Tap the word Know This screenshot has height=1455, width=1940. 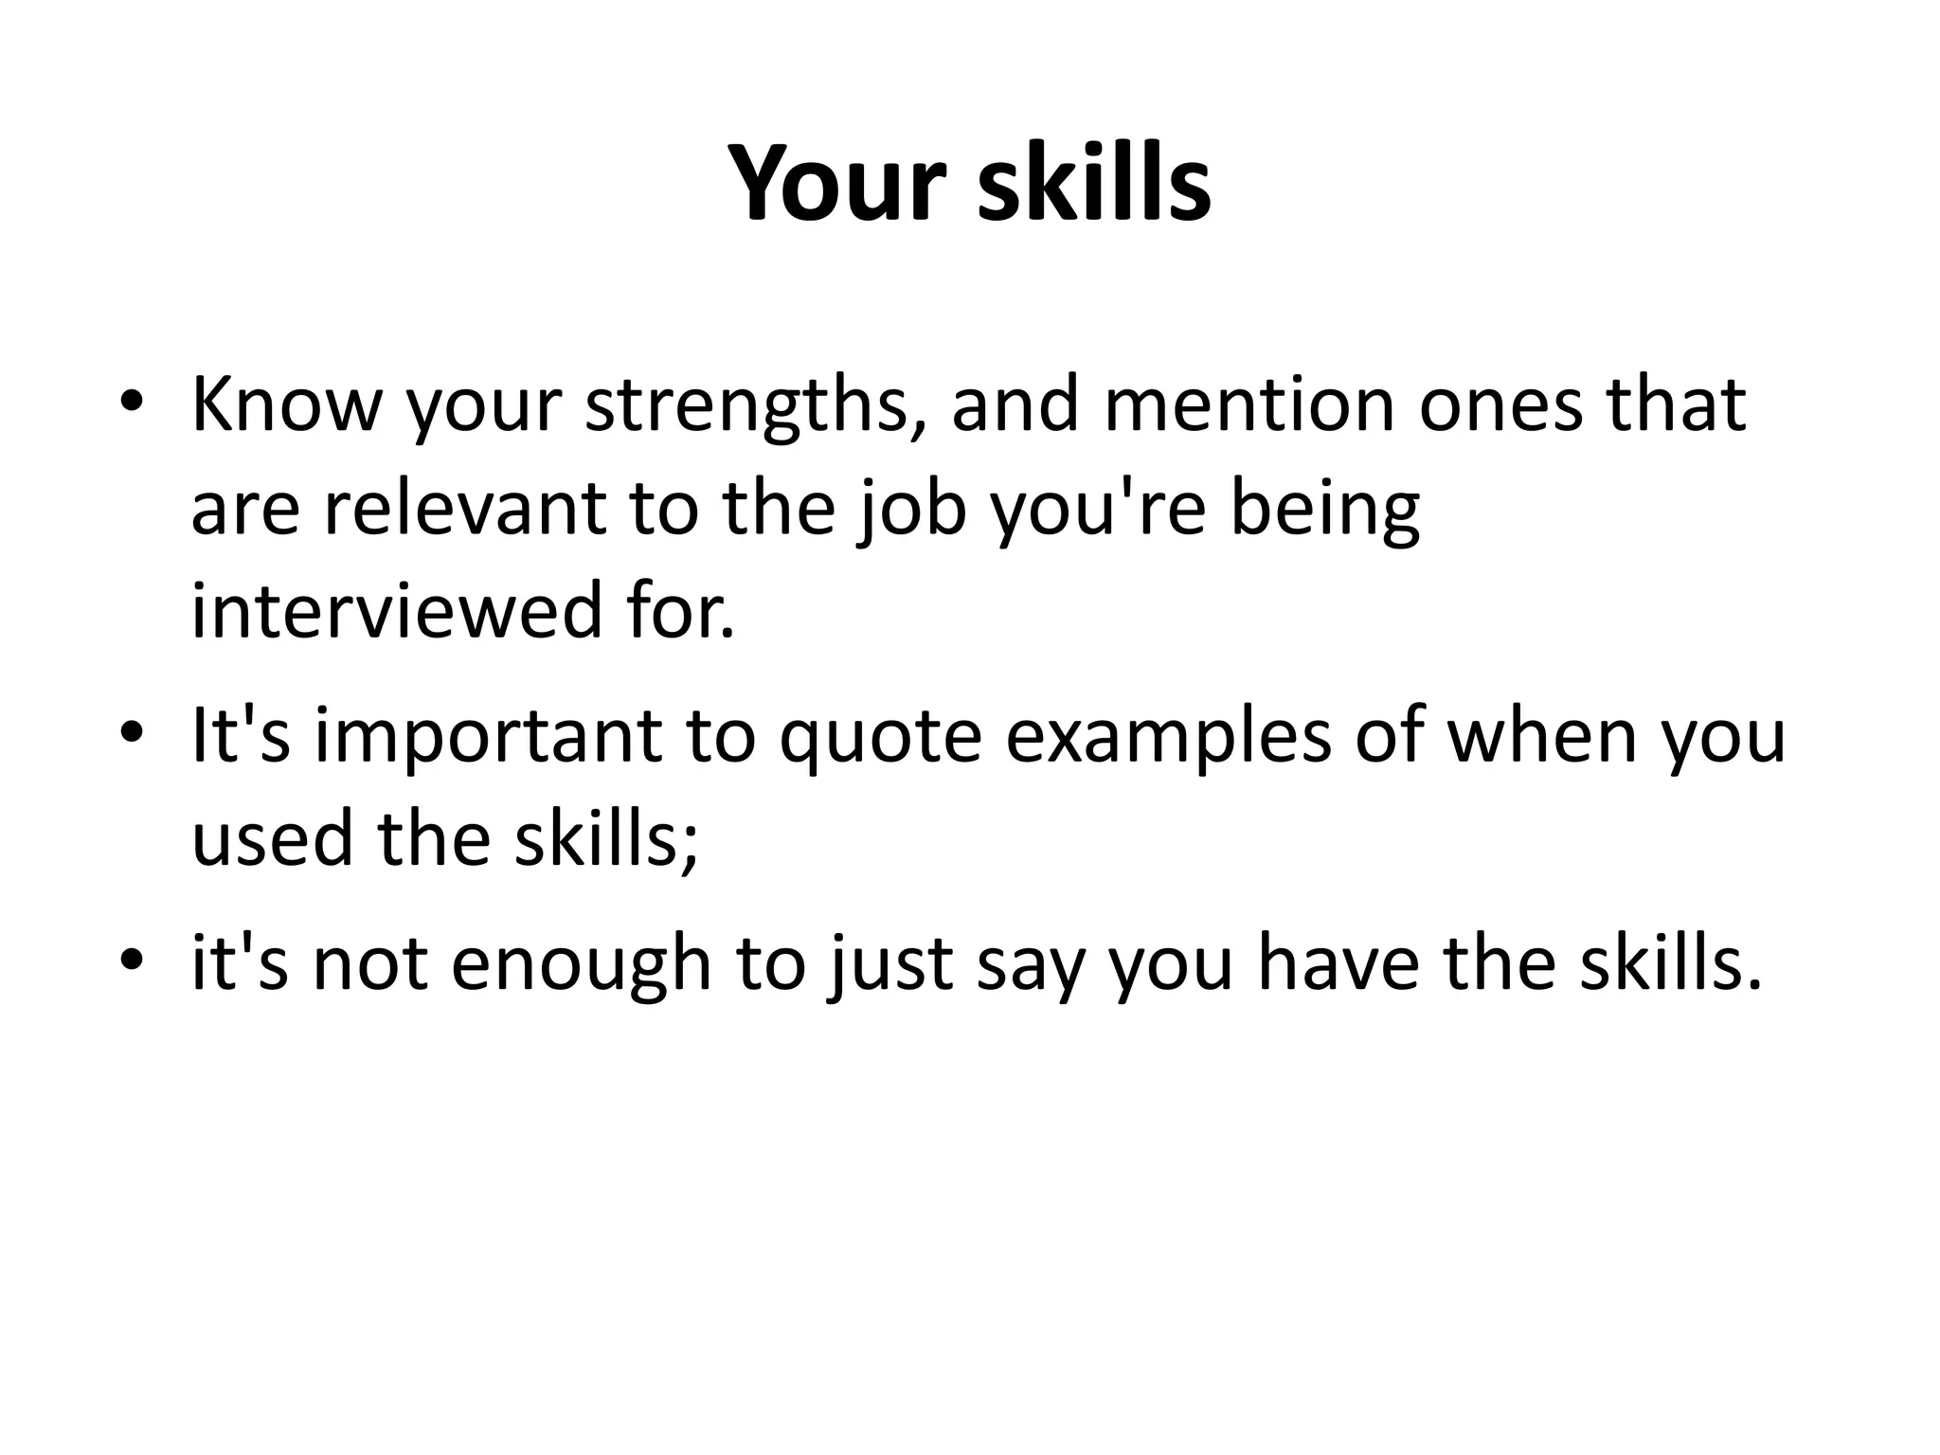(286, 405)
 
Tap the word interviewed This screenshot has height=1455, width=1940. (396, 612)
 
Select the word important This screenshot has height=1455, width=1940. (488, 739)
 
